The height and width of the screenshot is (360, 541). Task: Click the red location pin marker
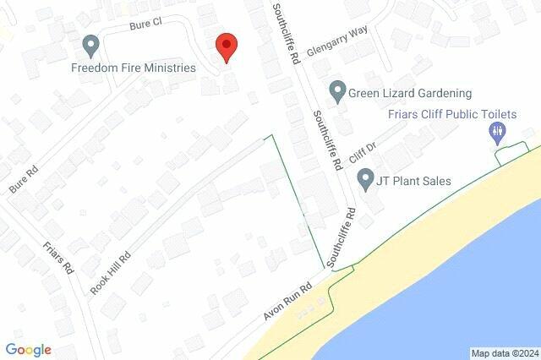[225, 47]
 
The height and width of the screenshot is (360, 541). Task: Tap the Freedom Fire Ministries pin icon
[90, 44]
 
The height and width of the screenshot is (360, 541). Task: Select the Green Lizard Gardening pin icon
[338, 90]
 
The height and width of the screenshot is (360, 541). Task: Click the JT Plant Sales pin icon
[366, 180]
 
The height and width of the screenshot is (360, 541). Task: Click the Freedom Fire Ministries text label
[134, 68]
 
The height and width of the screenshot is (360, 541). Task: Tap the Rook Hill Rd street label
[111, 271]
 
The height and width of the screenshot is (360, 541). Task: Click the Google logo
[28, 350]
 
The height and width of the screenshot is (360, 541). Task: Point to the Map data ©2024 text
[504, 353]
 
